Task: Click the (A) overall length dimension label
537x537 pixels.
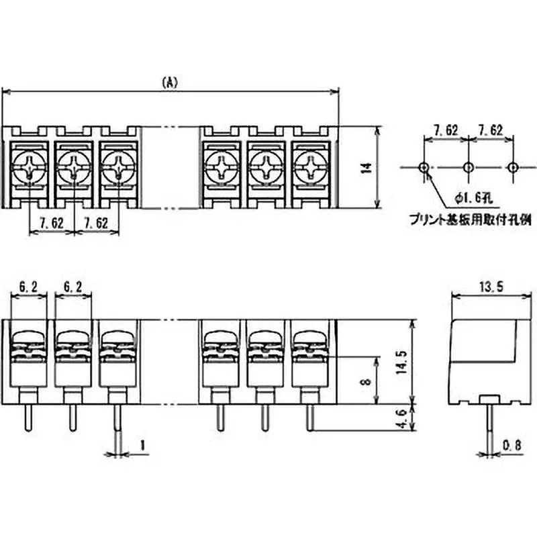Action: click(x=170, y=82)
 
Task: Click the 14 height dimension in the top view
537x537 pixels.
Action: click(x=366, y=168)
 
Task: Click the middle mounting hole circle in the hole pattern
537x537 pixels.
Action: click(x=469, y=166)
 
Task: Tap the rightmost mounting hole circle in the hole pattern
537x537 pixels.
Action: click(x=513, y=166)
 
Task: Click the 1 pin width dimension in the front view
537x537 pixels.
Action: click(x=142, y=444)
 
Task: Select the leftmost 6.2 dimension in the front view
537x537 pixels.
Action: click(x=29, y=287)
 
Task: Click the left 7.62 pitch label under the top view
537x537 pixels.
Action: click(x=52, y=224)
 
